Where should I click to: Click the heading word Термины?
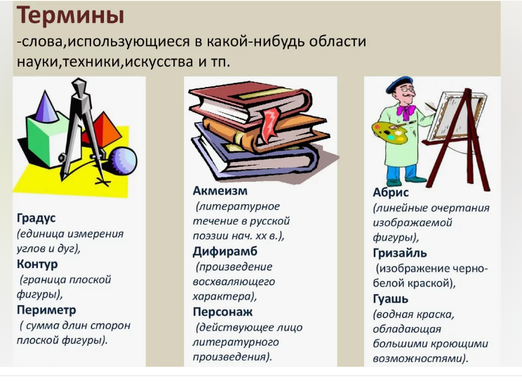[70, 15]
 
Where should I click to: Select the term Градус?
[36, 218]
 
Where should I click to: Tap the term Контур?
[37, 264]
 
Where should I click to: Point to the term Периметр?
[46, 310]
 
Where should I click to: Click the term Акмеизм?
[220, 191]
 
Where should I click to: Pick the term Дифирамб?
[225, 251]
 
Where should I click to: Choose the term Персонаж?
[222, 312]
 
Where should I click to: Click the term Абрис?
[391, 192]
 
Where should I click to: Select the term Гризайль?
[400, 253]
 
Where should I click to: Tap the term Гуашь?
[391, 299]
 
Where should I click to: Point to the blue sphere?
[123, 161]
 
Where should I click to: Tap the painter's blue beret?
[399, 84]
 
